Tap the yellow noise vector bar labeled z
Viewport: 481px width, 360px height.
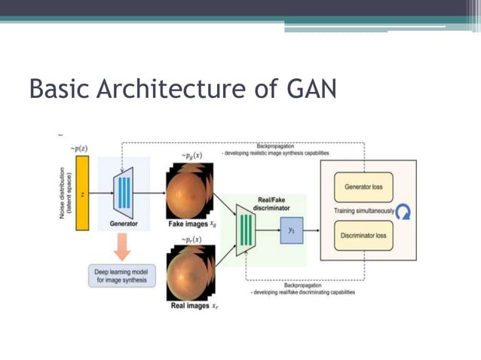click(x=82, y=194)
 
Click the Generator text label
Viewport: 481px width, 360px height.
click(x=124, y=224)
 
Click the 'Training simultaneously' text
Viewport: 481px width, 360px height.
click(x=364, y=212)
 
